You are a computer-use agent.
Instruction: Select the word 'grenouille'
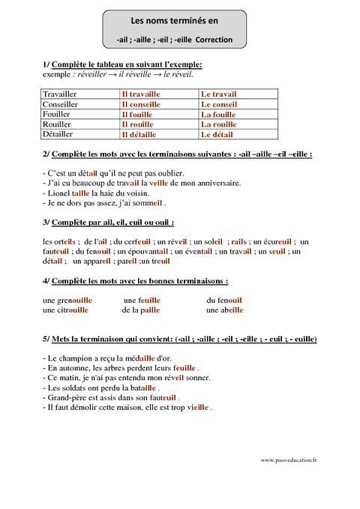pos(71,300)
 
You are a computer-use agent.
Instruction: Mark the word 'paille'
pos(150,310)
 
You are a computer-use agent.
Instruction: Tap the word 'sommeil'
pos(148,202)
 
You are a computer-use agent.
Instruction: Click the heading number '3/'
pos(47,223)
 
